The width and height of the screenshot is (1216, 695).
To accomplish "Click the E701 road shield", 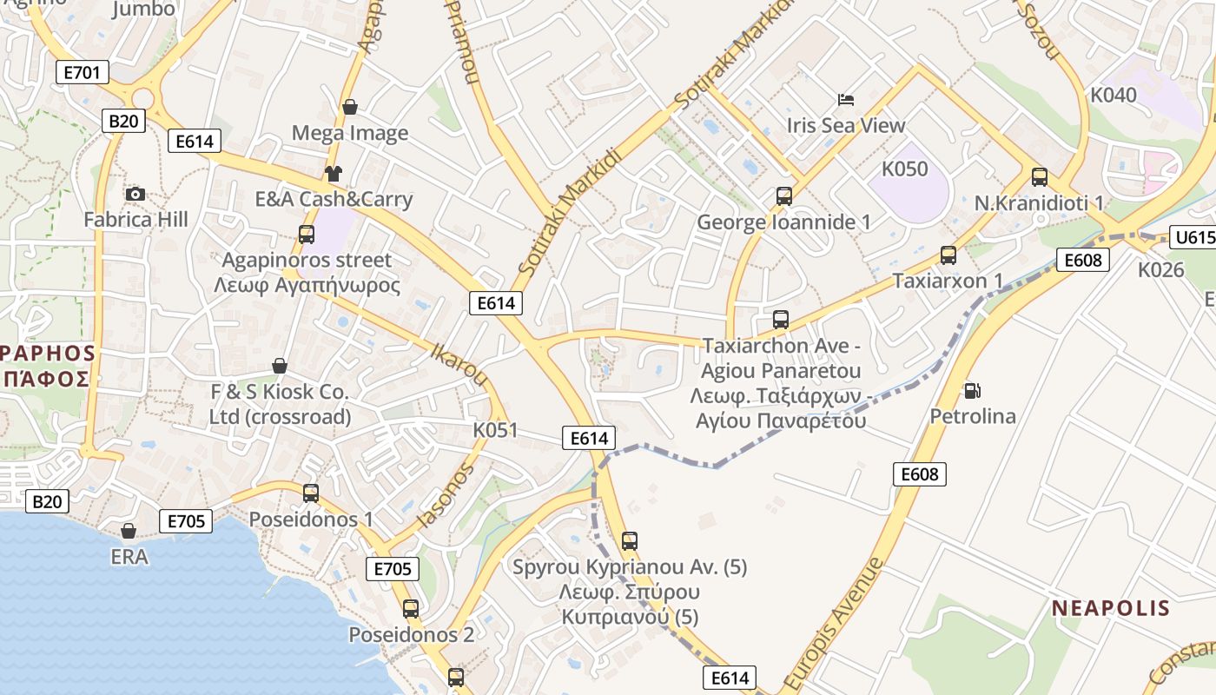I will tap(83, 72).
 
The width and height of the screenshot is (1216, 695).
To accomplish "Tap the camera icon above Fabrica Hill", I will tap(135, 194).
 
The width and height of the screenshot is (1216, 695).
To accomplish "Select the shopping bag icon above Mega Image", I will tap(350, 107).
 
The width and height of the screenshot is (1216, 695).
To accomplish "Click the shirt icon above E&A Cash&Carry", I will tap(334, 174).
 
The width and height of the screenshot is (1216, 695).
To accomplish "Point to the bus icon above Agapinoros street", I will tap(306, 234).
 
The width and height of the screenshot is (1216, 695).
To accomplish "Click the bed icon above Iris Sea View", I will tap(845, 100).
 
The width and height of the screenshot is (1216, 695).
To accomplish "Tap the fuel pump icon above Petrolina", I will tap(972, 391).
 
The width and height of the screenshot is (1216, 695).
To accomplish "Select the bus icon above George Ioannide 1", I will tap(784, 196).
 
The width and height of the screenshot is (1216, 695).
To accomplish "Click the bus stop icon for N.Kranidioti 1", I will tap(1040, 177).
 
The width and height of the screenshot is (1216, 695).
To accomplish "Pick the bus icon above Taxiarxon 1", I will tap(948, 255).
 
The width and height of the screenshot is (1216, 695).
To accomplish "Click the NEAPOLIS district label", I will tap(1111, 607).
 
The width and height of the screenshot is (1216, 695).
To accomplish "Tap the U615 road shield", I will tap(1193, 237).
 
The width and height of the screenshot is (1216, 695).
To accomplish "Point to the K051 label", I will tap(495, 430).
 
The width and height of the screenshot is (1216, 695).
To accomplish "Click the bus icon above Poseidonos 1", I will tap(311, 493).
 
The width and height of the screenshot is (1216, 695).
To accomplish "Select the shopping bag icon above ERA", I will tap(129, 530).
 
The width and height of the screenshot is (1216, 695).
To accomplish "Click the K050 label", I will tap(905, 169).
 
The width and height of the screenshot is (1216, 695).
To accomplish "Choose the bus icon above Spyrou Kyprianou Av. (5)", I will tap(630, 541).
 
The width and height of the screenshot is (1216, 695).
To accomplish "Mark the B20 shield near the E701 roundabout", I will tap(122, 121).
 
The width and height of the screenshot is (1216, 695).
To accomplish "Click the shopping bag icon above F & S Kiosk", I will tap(280, 366).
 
